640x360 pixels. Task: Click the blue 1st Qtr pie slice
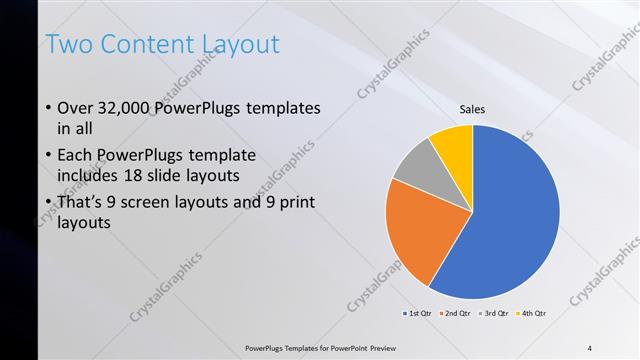pyautogui.click(x=510, y=220)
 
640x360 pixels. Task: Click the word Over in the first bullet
pyautogui.click(x=77, y=109)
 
